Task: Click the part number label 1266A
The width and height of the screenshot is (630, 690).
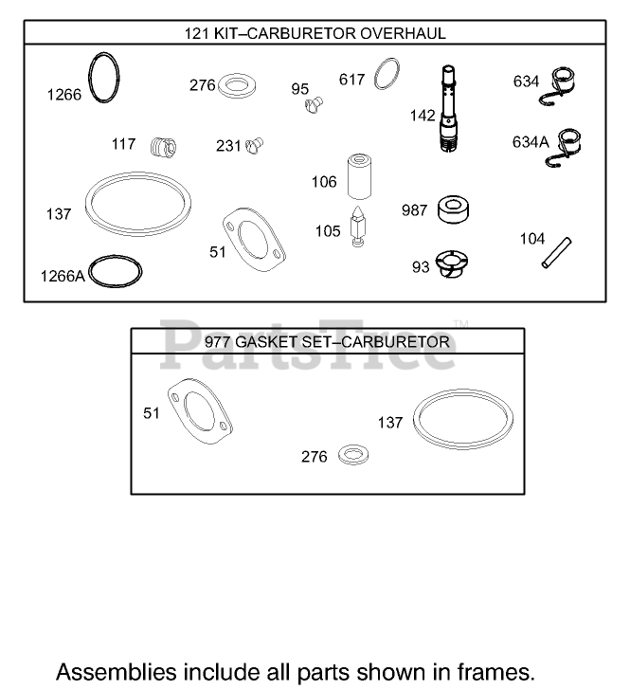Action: [62, 276]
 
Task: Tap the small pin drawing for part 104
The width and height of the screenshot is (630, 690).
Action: [553, 253]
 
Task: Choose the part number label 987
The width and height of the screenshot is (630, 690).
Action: [414, 210]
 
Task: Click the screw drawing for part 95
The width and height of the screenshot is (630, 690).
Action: [315, 105]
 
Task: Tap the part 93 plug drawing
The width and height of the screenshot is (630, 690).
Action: [447, 264]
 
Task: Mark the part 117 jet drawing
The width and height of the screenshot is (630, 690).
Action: [164, 147]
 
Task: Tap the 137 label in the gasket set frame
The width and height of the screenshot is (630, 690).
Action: [390, 423]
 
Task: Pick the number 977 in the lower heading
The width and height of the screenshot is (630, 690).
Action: [220, 340]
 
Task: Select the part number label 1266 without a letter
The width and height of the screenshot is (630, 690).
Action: [65, 94]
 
